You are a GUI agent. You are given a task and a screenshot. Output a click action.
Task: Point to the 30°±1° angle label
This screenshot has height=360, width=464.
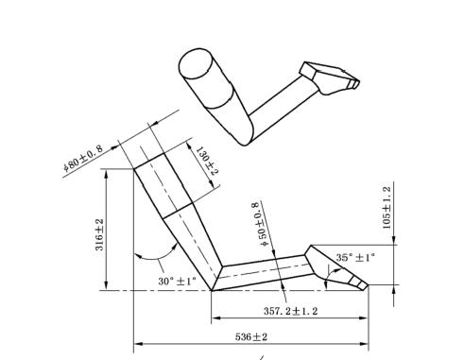point(177,281)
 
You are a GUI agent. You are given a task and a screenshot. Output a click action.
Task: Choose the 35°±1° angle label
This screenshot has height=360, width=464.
point(354,256)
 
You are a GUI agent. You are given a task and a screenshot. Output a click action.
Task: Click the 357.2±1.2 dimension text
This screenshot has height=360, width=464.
point(301,308)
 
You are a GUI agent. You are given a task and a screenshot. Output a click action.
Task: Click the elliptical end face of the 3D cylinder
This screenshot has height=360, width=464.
point(194,66)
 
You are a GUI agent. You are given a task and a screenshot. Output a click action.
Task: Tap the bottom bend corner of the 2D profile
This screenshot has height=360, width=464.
point(213,283)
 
